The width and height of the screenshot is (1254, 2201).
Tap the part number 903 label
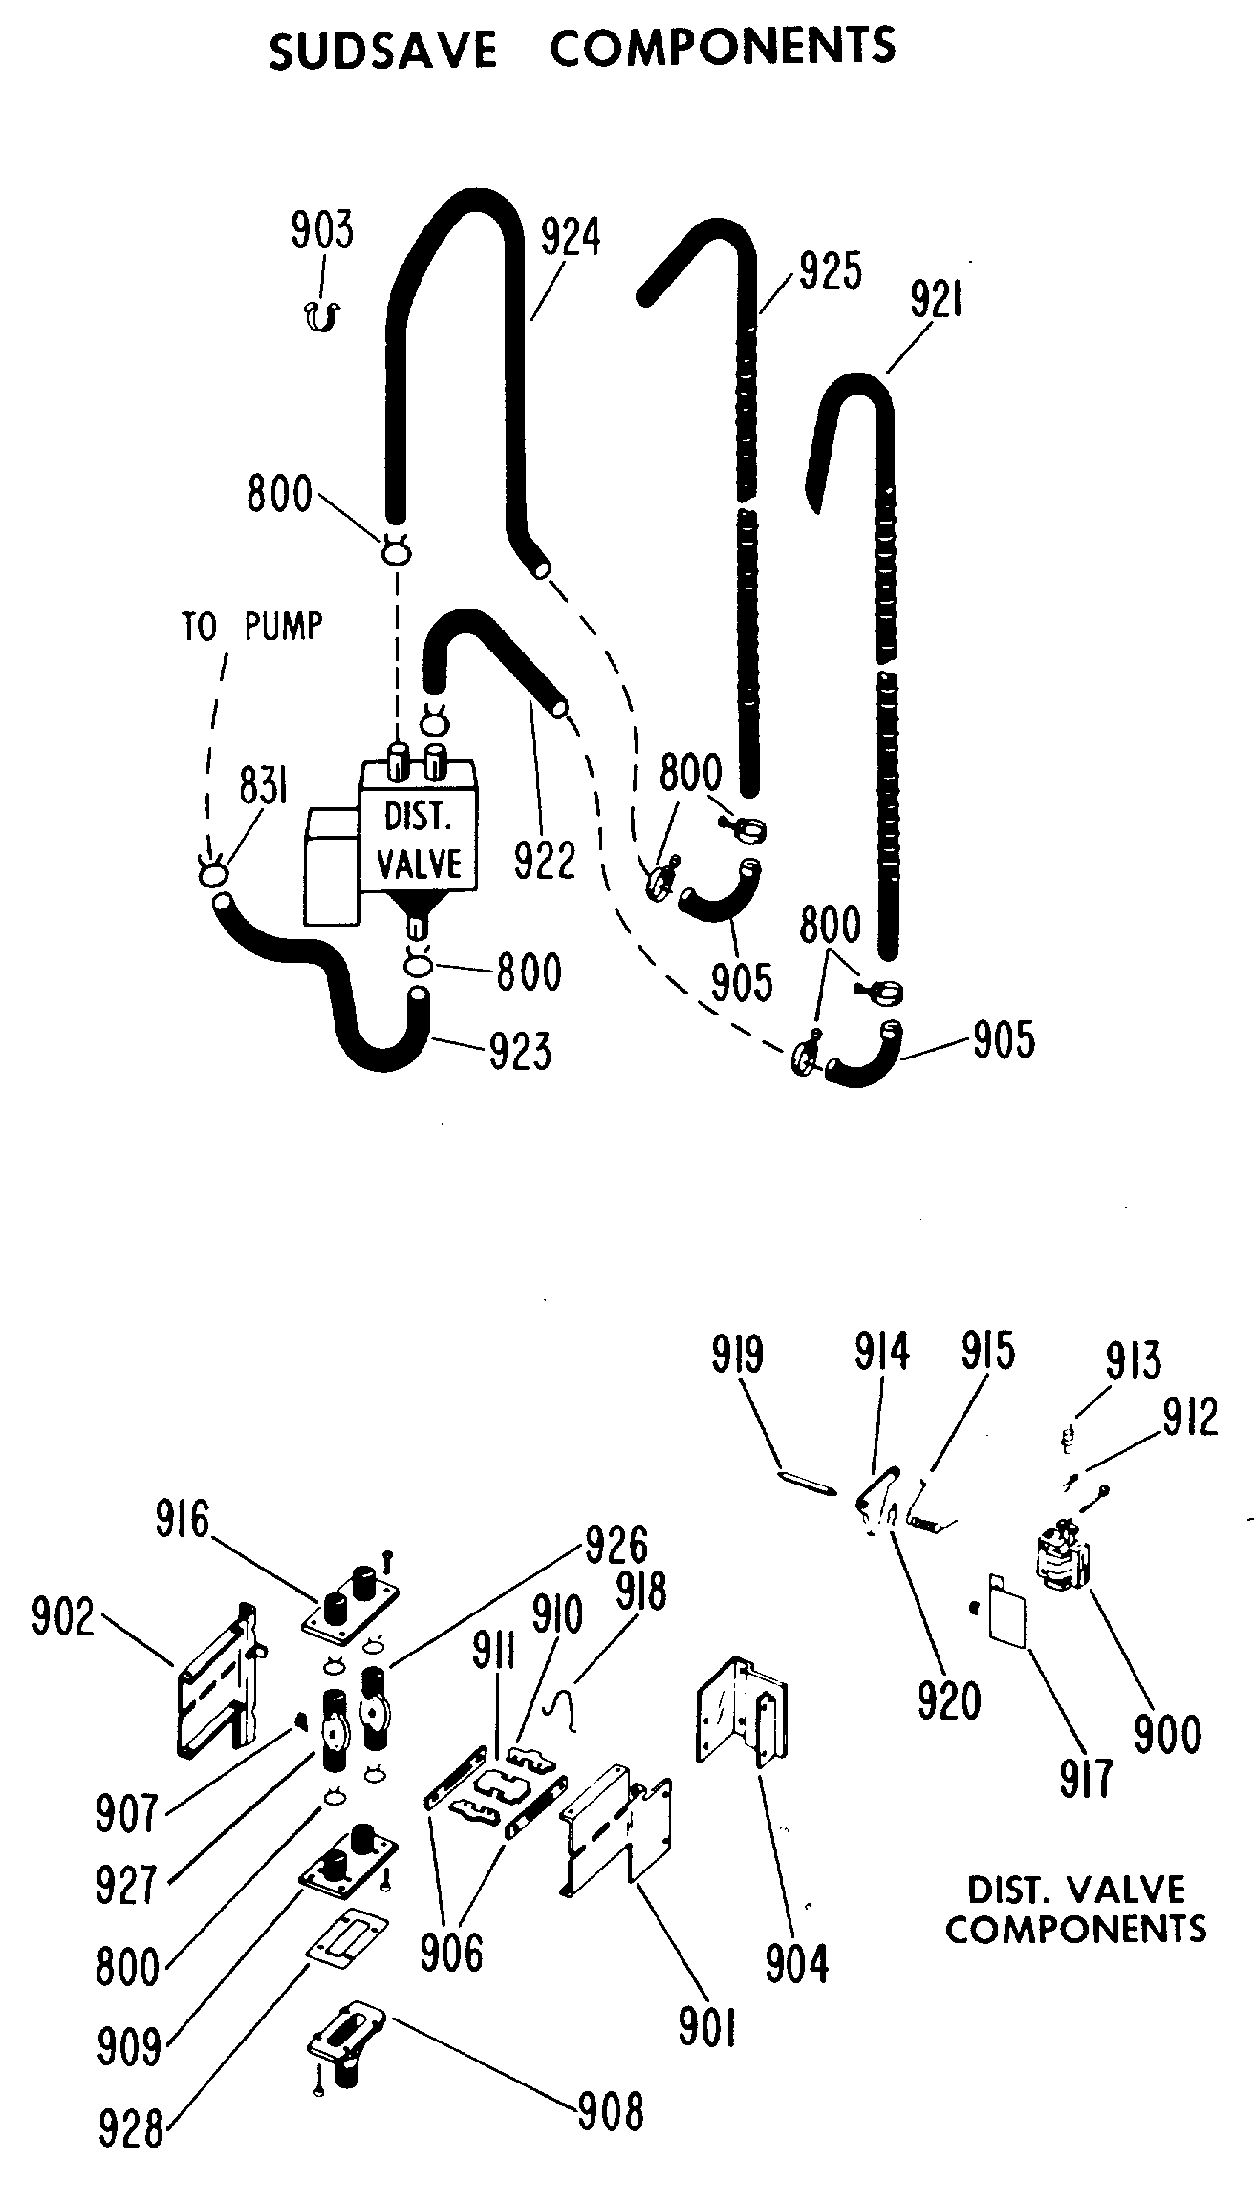pos(322,231)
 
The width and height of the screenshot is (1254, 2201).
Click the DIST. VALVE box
pos(419,841)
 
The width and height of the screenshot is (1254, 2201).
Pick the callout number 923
pos(520,1051)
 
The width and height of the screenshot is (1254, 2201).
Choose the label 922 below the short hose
pos(546,860)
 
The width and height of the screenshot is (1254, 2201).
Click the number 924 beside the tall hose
pos(571,238)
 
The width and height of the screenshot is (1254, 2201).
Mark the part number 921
pos(936,302)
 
